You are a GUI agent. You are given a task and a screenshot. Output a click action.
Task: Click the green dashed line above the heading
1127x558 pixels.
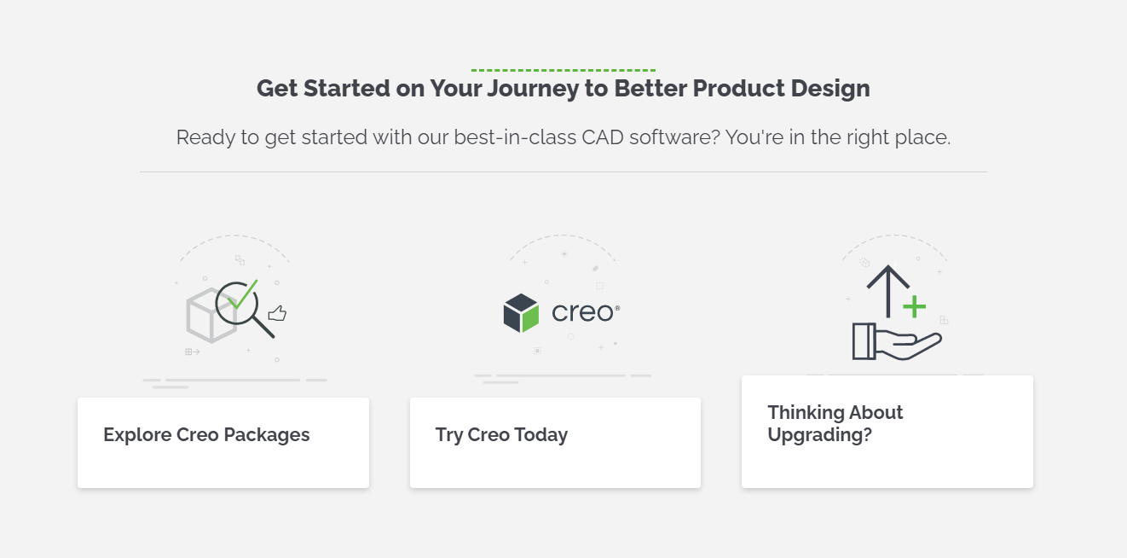[x=563, y=70]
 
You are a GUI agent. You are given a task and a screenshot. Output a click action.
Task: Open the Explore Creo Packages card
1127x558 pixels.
[x=223, y=442]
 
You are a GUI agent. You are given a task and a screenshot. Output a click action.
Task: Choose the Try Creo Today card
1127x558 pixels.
[x=555, y=442]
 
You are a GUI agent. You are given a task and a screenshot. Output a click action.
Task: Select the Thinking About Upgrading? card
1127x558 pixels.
[x=887, y=431]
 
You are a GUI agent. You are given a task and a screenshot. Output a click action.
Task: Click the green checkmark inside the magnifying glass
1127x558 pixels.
[x=243, y=295]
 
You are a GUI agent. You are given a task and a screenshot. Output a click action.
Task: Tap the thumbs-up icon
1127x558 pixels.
[x=277, y=314]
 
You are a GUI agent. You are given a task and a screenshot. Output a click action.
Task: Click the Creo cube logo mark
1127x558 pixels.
[x=521, y=313]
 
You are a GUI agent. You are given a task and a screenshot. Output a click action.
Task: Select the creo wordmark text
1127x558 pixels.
[x=583, y=312]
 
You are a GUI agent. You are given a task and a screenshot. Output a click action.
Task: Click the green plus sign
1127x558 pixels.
[x=914, y=306]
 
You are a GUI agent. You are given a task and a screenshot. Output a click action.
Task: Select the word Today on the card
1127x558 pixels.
[x=540, y=435]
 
